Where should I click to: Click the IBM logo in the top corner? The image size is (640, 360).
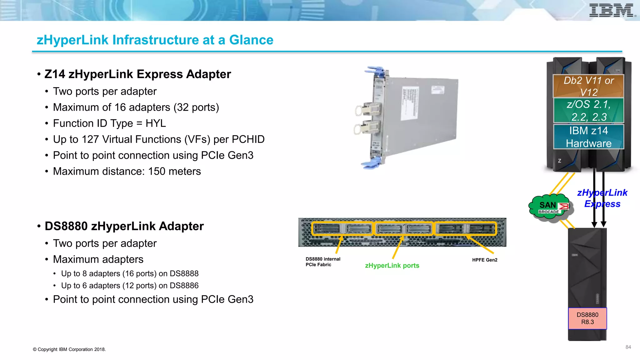click(611, 10)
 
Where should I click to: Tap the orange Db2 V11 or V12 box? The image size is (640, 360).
click(588, 86)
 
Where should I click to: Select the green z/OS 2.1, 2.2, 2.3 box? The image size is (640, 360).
click(588, 110)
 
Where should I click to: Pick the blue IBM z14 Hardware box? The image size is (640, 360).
click(588, 137)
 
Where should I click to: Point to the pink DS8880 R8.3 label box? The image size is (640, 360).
click(587, 318)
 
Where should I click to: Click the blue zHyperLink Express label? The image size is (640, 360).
click(602, 198)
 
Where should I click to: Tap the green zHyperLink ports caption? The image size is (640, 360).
click(392, 266)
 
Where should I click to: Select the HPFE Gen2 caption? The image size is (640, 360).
click(484, 260)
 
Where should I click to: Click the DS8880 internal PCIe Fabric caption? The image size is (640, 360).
click(322, 262)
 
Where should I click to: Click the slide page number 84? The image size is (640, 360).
click(628, 347)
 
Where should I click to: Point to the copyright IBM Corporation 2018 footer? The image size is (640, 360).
click(69, 349)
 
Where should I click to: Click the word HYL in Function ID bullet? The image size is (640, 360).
click(156, 123)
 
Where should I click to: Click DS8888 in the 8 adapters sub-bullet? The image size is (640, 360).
click(184, 274)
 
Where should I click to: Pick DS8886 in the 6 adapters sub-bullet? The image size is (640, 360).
click(184, 286)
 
